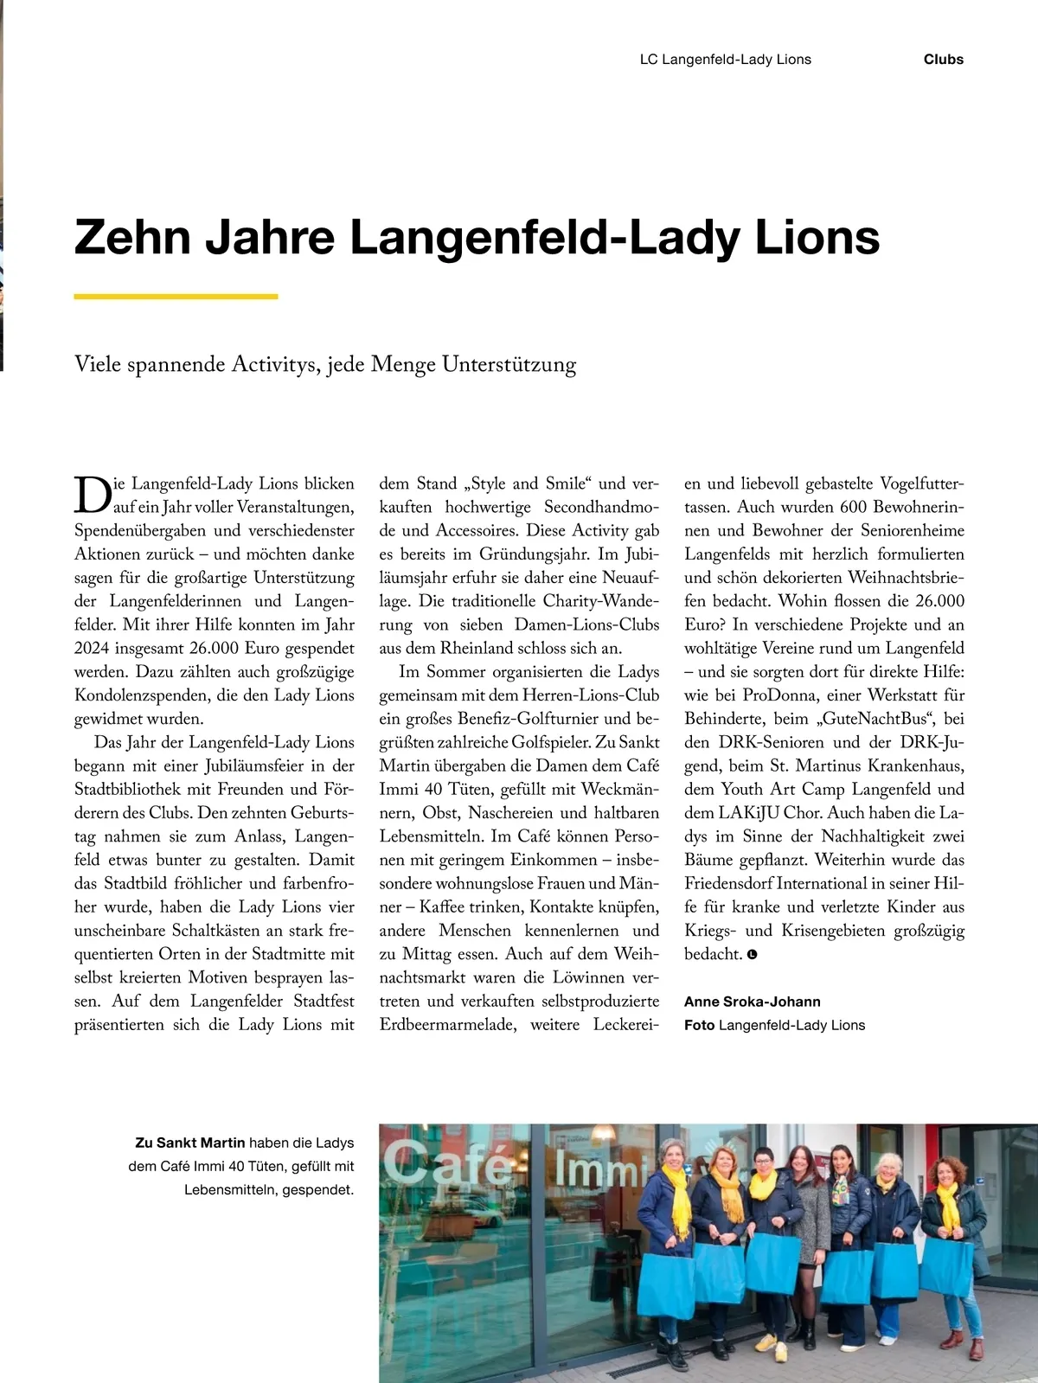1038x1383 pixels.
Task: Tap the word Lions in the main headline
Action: click(x=817, y=237)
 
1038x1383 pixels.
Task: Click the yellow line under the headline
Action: click(x=176, y=297)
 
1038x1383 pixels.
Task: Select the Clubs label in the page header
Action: click(x=943, y=60)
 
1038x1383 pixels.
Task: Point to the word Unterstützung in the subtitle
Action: click(x=509, y=364)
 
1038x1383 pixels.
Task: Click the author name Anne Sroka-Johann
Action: click(x=752, y=1002)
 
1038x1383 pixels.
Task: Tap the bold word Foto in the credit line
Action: click(x=699, y=1025)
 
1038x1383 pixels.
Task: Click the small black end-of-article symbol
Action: click(x=752, y=955)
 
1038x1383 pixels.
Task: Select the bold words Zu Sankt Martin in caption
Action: click(x=190, y=1143)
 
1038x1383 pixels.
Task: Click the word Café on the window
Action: click(x=447, y=1163)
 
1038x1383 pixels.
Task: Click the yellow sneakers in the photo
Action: click(x=766, y=1343)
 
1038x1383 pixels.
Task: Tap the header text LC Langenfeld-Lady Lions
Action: click(x=725, y=60)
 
